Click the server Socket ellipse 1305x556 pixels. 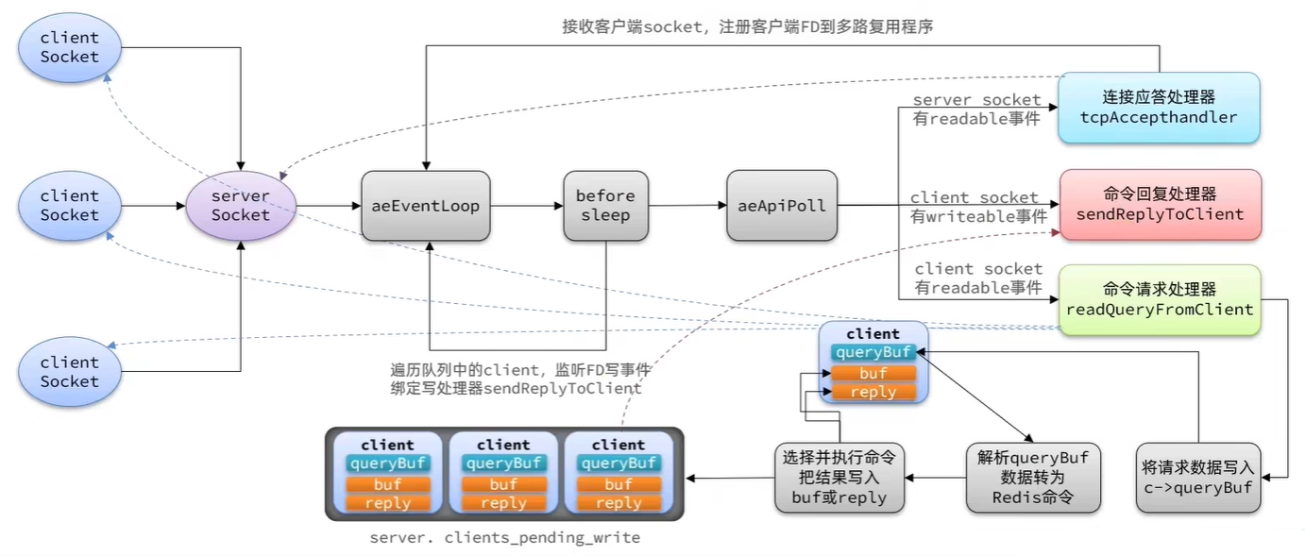click(x=241, y=206)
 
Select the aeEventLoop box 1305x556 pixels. click(x=425, y=206)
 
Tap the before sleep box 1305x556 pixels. click(x=606, y=206)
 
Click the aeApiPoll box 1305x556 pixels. click(x=782, y=206)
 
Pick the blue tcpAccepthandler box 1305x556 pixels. click(x=1159, y=108)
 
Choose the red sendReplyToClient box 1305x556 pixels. click(x=1160, y=205)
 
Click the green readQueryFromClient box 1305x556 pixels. click(x=1160, y=300)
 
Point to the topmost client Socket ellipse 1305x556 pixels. click(x=69, y=48)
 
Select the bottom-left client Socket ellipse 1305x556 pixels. click(x=69, y=371)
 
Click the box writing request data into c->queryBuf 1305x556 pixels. click(x=1198, y=478)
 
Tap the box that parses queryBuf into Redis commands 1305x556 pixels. click(x=1033, y=478)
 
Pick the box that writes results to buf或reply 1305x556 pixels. click(x=839, y=478)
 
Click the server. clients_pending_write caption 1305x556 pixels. click(x=505, y=537)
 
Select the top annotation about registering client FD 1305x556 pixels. click(x=748, y=26)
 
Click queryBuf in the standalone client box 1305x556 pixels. click(x=873, y=352)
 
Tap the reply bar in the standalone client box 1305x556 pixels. click(x=873, y=392)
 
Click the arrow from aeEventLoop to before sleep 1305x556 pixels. click(x=527, y=206)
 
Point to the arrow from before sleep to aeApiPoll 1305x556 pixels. click(x=688, y=205)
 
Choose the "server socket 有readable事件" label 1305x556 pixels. click(x=976, y=110)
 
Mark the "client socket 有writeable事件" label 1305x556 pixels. click(x=978, y=208)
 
